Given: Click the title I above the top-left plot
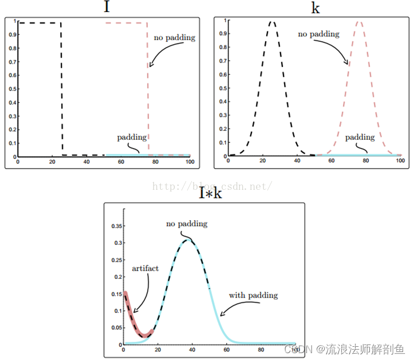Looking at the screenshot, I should click(106, 7).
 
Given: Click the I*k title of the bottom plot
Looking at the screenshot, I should click(210, 194).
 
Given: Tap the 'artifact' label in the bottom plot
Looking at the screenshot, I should click(145, 268).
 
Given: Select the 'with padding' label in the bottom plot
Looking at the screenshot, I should click(253, 295).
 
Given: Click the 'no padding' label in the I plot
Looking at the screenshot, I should click(175, 38).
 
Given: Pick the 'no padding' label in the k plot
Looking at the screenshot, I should click(318, 34).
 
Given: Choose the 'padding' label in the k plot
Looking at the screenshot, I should click(360, 138).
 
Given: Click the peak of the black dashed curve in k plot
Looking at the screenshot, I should click(272, 22).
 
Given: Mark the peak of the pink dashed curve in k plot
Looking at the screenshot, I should click(359, 22).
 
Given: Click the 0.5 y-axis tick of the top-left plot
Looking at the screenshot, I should click(13, 89).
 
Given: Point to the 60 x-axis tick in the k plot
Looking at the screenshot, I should click(332, 161).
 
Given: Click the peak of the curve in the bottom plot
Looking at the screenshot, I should click(190, 240).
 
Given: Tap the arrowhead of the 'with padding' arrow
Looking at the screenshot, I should click(222, 314).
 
